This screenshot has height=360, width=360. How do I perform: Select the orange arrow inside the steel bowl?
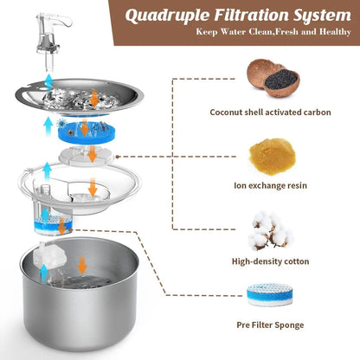click(82, 264)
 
